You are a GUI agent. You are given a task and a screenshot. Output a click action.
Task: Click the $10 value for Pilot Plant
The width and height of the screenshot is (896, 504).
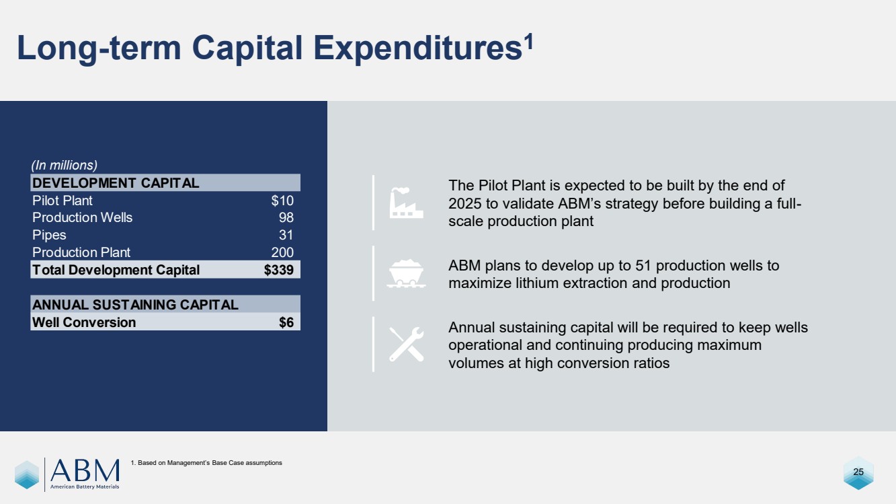click(x=282, y=201)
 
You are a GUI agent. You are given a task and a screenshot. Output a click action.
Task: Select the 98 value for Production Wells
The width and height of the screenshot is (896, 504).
click(x=286, y=217)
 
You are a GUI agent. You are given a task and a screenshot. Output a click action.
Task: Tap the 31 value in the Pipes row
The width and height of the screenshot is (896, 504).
click(x=286, y=235)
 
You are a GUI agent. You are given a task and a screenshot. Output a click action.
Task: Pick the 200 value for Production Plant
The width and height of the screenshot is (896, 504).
click(x=282, y=252)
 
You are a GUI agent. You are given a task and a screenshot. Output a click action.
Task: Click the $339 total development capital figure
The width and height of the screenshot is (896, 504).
click(x=279, y=270)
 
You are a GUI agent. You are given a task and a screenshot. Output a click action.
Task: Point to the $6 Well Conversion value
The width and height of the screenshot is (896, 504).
click(x=286, y=322)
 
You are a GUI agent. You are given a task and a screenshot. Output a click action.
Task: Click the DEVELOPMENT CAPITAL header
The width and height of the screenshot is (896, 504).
click(x=116, y=183)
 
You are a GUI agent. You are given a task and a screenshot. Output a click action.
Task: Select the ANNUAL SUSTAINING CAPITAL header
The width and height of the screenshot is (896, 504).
click(x=135, y=305)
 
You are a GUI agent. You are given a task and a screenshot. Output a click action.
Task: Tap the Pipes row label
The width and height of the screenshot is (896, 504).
click(x=49, y=235)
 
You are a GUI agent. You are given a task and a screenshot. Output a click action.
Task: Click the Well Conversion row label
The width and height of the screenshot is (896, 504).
click(x=84, y=322)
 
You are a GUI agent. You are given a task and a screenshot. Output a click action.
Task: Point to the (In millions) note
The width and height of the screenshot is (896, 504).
click(x=65, y=166)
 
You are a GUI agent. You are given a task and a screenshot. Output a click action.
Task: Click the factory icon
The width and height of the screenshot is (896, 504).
click(x=407, y=203)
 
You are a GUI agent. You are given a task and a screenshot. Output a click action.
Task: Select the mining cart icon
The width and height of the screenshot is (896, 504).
click(x=407, y=274)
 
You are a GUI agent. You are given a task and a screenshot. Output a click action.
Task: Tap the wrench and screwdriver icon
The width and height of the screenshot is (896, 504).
click(x=407, y=345)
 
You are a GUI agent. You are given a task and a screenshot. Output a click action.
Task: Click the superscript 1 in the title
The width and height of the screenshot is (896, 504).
click(x=528, y=41)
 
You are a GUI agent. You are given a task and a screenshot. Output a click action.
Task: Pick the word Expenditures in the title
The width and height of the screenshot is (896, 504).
click(x=418, y=48)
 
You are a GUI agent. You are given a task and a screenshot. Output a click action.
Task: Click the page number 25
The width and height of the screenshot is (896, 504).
click(x=858, y=472)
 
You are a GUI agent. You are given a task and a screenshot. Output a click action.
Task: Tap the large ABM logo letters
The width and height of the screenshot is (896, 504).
click(x=85, y=470)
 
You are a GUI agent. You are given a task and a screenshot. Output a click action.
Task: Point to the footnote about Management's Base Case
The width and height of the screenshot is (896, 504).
click(x=206, y=463)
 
